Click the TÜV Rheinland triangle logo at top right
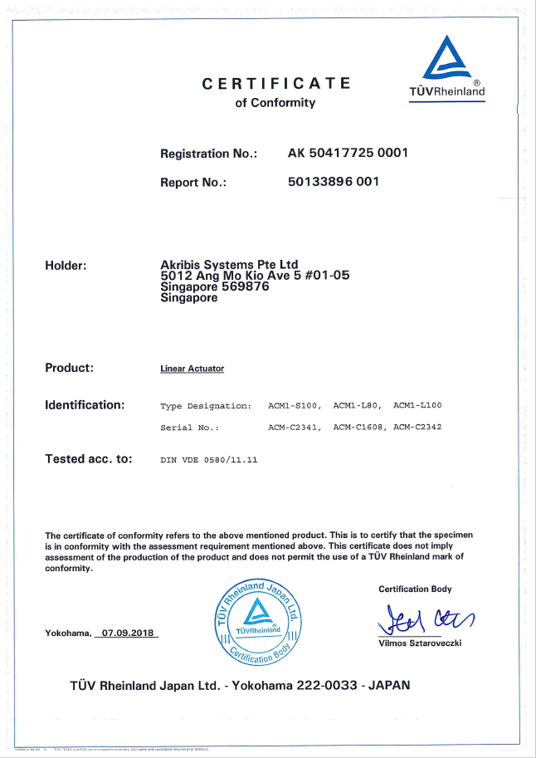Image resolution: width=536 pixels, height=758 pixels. (448, 58)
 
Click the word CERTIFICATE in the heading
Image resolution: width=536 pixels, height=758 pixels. (276, 84)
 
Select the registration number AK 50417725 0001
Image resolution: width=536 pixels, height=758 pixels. (348, 154)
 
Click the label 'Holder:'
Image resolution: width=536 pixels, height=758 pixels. (66, 266)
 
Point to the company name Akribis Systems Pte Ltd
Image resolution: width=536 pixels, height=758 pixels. (229, 265)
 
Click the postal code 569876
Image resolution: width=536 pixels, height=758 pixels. (242, 286)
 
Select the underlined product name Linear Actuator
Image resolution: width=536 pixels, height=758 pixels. (192, 369)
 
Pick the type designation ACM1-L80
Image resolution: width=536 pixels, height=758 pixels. (356, 406)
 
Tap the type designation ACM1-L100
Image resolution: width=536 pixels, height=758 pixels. (417, 406)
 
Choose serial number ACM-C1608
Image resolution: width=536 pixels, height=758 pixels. (359, 428)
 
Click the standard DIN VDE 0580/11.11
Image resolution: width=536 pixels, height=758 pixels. (209, 459)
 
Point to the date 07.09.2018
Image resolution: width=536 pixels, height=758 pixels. (125, 633)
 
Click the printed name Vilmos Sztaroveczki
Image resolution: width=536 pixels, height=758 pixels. (420, 643)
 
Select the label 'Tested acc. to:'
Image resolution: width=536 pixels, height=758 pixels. (89, 458)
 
